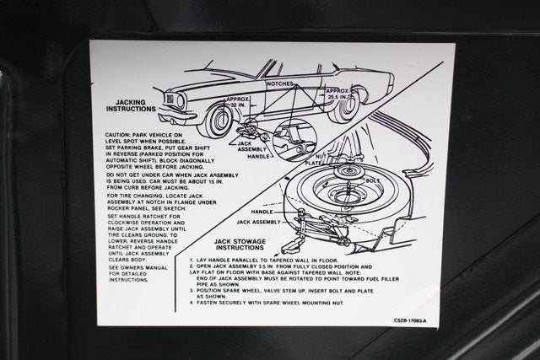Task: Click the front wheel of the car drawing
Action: pos(220,120)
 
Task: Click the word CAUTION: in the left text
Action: pos(123,134)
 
